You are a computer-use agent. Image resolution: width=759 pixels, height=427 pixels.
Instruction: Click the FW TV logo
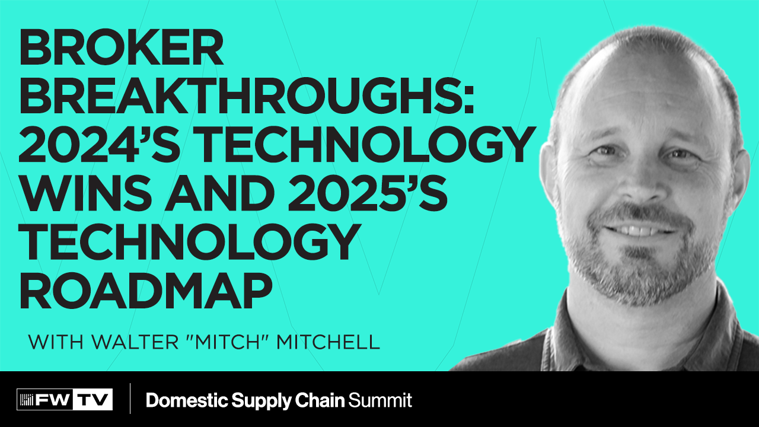coord(65,400)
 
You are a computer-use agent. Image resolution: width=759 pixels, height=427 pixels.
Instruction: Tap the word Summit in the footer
coord(380,400)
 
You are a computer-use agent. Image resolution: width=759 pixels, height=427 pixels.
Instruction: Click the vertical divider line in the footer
coord(129,399)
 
